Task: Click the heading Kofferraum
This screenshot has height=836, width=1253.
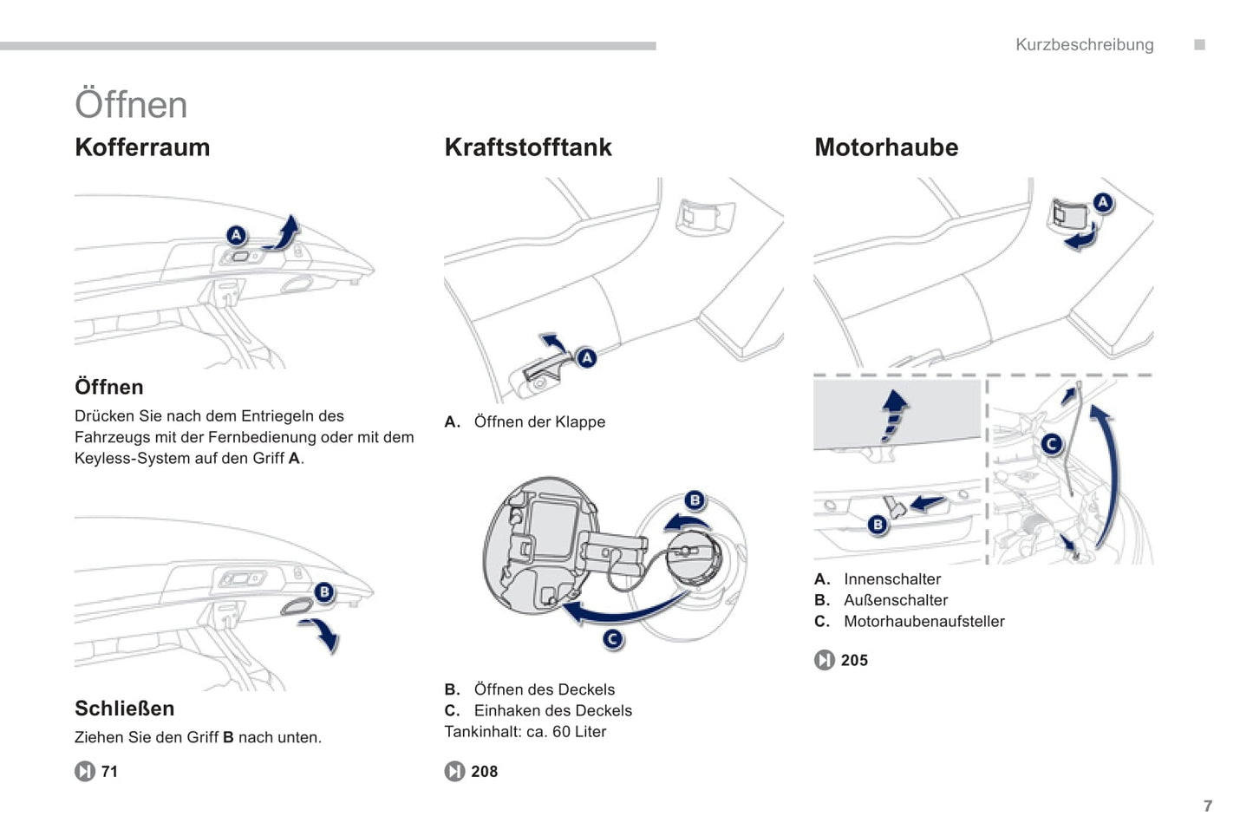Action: [142, 147]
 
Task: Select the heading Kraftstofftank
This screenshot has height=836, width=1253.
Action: [528, 147]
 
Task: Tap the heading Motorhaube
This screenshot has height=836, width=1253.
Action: [886, 147]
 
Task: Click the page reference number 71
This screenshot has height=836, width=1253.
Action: [109, 772]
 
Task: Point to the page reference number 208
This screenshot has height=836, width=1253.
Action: [485, 772]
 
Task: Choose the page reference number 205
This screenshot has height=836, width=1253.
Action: [855, 660]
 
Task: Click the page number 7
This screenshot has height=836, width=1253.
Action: [1208, 806]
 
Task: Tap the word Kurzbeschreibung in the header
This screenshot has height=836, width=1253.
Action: [1085, 45]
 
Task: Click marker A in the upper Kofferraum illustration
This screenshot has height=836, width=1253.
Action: [237, 235]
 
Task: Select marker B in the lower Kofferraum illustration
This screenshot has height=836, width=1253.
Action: [324, 592]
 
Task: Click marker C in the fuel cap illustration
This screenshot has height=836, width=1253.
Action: [613, 639]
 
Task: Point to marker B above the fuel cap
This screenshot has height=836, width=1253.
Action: [695, 500]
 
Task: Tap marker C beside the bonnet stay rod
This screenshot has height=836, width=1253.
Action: [1052, 444]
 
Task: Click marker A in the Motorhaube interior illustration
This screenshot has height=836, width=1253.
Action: [1102, 202]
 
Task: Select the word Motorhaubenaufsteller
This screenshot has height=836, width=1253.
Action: [924, 621]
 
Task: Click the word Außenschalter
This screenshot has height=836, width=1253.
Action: [896, 600]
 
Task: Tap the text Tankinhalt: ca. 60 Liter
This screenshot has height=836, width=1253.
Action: [525, 731]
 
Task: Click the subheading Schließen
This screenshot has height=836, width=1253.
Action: [124, 709]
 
